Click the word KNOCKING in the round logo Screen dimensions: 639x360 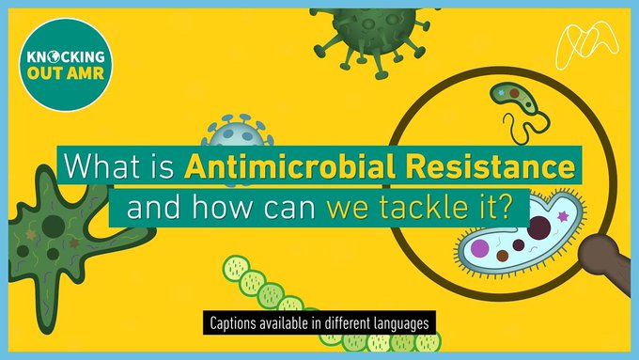(66, 56)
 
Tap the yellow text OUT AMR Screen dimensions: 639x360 (66, 73)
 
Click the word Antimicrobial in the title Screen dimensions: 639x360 (289, 166)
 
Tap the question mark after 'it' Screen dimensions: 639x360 (504, 207)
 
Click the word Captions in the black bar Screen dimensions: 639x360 (233, 323)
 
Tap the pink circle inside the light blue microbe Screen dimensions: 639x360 (479, 248)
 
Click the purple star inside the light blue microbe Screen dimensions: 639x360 (563, 216)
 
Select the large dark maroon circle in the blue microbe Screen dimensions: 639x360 (538, 227)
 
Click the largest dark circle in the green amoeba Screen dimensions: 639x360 (54, 226)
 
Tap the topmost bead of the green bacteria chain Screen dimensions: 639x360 (237, 268)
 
